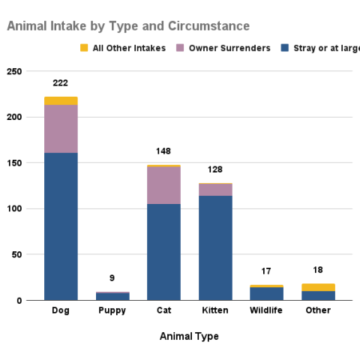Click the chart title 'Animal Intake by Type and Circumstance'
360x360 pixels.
[128, 26]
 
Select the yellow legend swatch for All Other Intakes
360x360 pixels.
[83, 49]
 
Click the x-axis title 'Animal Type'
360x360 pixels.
[189, 337]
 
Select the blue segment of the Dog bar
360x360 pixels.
[61, 225]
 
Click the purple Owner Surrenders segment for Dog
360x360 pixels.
[61, 128]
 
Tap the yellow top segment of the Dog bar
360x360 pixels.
[61, 100]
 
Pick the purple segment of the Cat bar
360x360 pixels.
[163, 184]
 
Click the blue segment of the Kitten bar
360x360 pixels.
[214, 247]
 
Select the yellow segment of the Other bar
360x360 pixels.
[317, 287]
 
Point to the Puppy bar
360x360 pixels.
[112, 296]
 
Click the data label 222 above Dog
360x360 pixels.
[61, 82]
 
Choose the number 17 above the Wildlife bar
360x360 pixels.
[266, 271]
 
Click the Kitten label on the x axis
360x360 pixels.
[214, 310]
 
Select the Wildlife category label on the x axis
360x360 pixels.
[266, 310]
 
